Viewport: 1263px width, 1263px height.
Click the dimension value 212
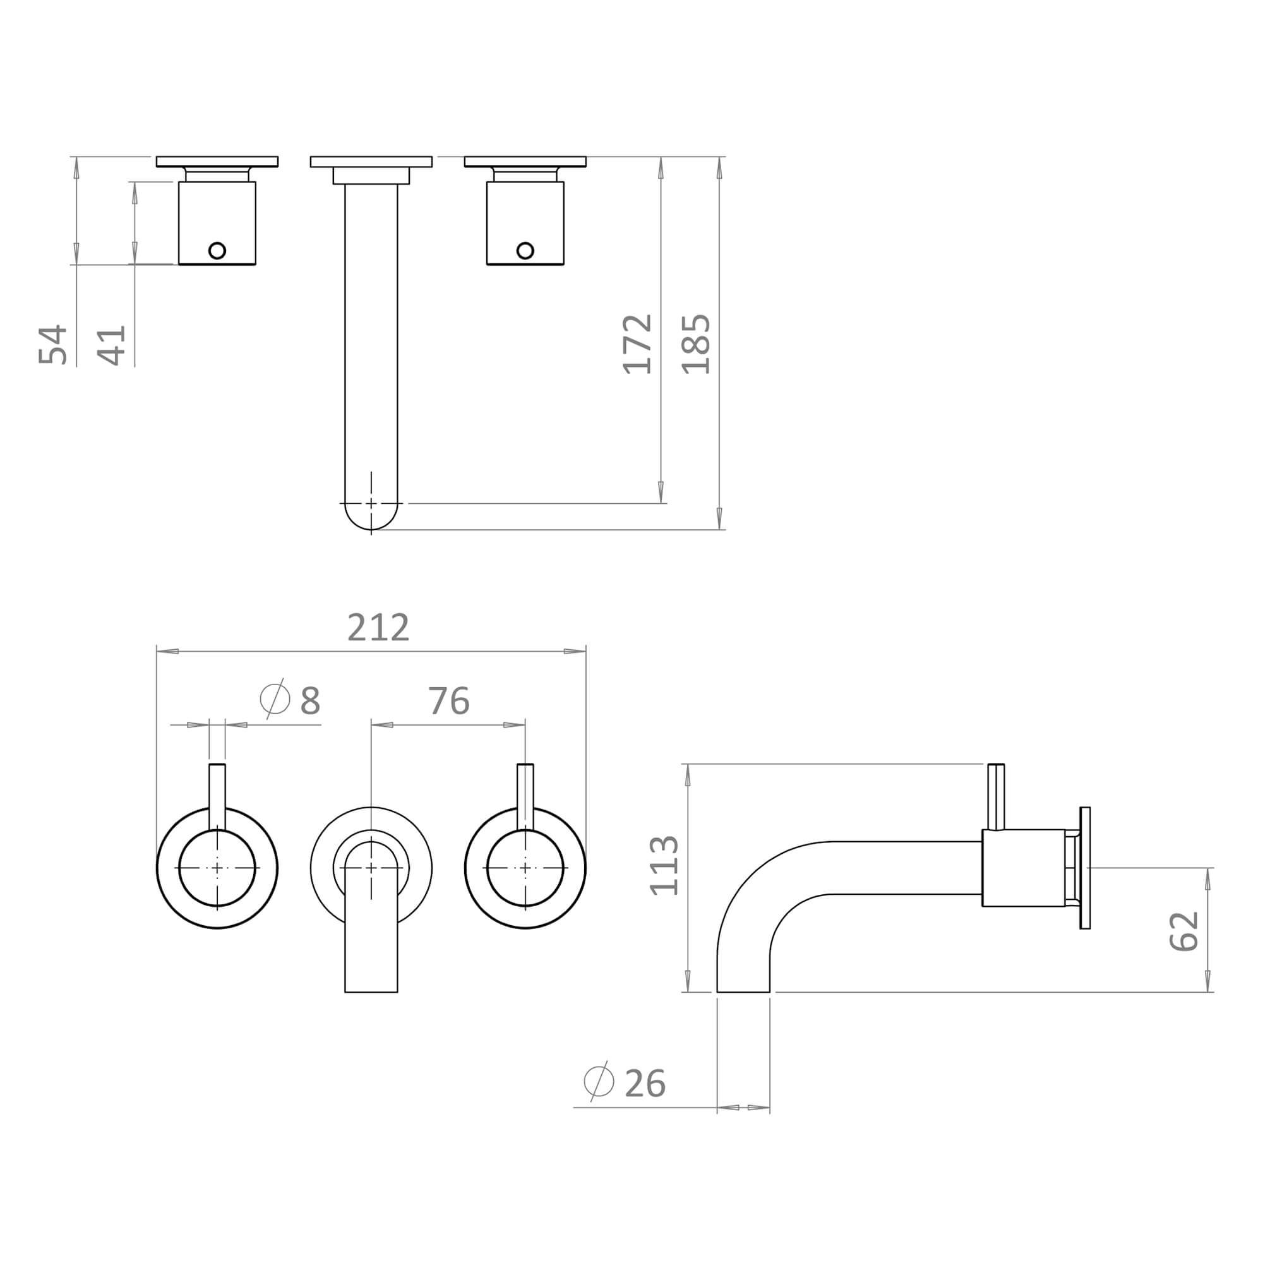[x=378, y=628]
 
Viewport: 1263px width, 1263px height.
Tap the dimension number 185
[x=695, y=344]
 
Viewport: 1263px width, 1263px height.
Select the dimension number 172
[x=637, y=344]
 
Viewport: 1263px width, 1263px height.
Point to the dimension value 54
[x=53, y=344]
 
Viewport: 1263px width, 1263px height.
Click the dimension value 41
[x=111, y=345]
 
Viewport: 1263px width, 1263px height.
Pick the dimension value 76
[x=448, y=701]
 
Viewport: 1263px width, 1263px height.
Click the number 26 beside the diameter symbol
[x=645, y=1084]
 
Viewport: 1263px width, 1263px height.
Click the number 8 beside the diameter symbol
[x=310, y=701]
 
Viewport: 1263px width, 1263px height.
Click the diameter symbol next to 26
[x=599, y=1081]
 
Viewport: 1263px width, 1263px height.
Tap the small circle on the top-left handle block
[x=217, y=250]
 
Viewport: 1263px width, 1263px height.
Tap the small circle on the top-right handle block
[x=525, y=250]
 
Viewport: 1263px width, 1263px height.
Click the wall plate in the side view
[x=1085, y=868]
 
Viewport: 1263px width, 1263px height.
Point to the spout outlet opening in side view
[x=743, y=991]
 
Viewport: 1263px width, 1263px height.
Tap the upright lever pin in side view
[x=997, y=796]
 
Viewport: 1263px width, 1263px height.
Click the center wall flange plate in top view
[x=371, y=162]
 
